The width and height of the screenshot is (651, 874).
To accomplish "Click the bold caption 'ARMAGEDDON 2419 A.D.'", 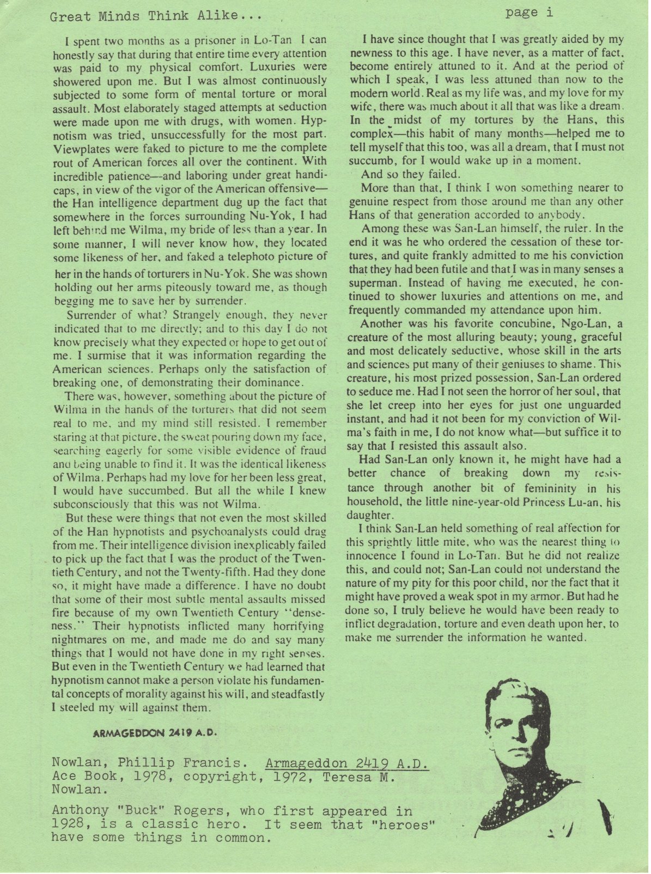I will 156,733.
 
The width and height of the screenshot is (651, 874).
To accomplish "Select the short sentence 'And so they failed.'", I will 411,175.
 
